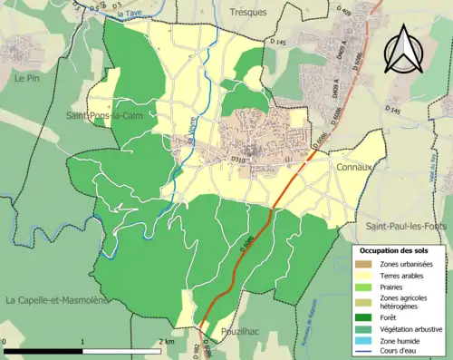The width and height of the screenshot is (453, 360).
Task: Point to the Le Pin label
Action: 26,79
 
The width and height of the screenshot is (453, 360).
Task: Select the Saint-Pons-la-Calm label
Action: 102,116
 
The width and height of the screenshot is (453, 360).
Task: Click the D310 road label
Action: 238,161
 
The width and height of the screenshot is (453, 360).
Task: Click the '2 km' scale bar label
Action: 166,341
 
